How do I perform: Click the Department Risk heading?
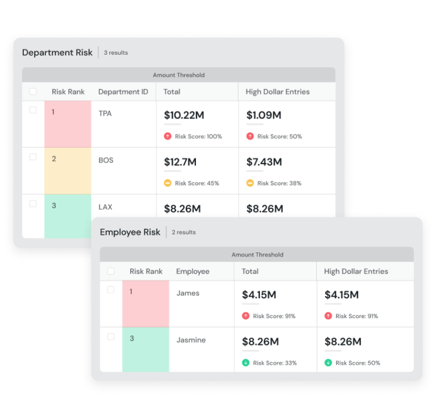click(x=57, y=52)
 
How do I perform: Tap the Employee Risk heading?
click(x=130, y=232)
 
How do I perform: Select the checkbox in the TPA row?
click(x=33, y=111)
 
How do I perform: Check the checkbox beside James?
click(x=111, y=290)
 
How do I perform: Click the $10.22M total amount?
click(x=184, y=115)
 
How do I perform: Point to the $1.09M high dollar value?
click(x=264, y=115)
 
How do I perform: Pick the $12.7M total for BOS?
click(x=180, y=162)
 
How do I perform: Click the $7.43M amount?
click(x=265, y=162)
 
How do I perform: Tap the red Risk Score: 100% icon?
click(x=167, y=136)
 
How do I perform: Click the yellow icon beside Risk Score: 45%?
click(x=167, y=183)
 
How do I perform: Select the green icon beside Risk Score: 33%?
click(x=246, y=363)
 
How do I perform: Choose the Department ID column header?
click(x=123, y=92)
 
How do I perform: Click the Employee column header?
click(x=192, y=272)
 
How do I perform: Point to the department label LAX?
click(x=105, y=207)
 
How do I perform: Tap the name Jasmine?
click(x=191, y=340)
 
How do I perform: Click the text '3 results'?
click(x=116, y=53)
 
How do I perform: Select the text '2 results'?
click(x=184, y=232)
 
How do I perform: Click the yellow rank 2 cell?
click(x=67, y=170)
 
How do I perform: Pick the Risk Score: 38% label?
click(x=280, y=183)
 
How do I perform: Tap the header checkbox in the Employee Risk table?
click(x=111, y=271)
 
